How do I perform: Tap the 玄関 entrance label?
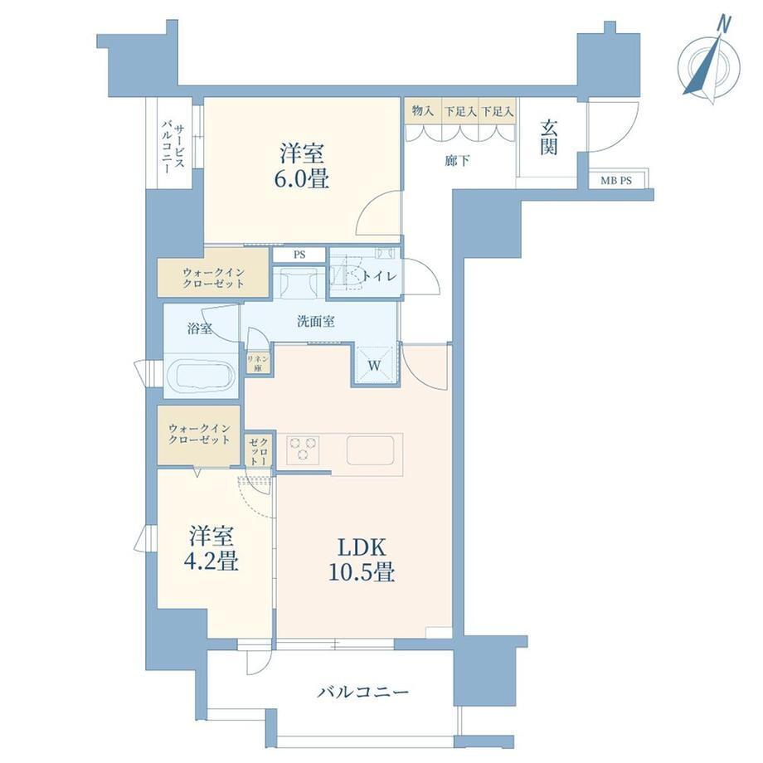point(549,137)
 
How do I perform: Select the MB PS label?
point(616,181)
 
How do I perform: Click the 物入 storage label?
point(423,111)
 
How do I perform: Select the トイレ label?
point(380,276)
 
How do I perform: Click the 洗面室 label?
point(316,321)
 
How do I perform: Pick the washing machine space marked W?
point(374,366)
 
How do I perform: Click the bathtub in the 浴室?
point(201,377)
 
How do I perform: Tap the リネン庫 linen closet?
point(258,363)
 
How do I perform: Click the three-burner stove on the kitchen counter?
point(303,448)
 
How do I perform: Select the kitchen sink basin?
point(371,450)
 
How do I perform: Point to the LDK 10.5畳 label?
point(362,560)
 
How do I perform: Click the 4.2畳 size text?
point(211,562)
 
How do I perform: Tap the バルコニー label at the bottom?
point(363,692)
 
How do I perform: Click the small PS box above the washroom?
point(299,255)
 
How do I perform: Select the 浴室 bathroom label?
point(200,328)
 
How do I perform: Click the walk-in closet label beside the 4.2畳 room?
point(199,434)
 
